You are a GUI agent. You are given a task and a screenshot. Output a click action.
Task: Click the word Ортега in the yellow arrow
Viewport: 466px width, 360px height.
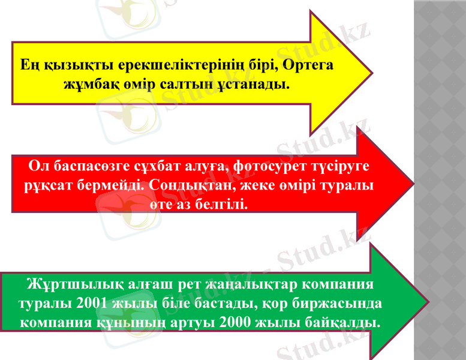308,64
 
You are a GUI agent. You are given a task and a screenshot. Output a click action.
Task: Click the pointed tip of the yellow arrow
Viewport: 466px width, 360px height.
372,73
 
